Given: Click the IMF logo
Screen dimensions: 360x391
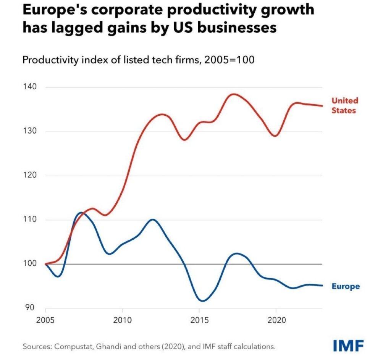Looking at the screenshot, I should click(x=348, y=346).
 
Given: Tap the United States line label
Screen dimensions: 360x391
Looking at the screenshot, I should click(x=344, y=105).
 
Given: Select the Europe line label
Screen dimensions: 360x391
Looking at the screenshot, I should click(x=345, y=286).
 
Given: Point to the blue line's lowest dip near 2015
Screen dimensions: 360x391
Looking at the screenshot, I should click(x=202, y=301).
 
